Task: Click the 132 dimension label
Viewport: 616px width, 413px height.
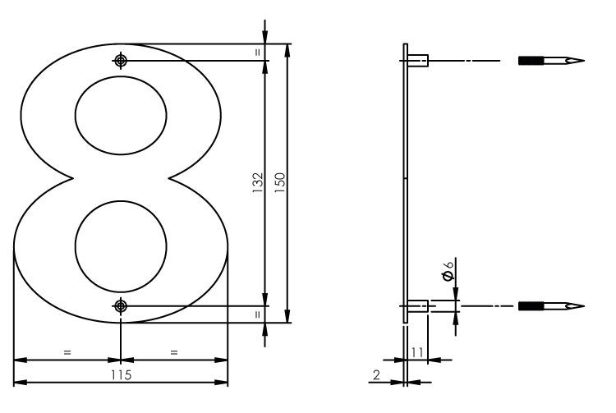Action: (257, 182)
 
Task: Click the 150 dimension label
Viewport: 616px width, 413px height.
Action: (279, 182)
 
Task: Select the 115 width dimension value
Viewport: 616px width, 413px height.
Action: (121, 374)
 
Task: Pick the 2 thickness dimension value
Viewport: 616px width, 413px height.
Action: (375, 374)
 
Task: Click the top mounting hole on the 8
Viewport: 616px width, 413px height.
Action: (121, 61)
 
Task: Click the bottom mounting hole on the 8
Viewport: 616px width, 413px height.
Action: (121, 306)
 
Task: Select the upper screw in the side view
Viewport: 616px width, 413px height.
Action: (551, 61)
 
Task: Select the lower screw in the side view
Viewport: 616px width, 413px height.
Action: (551, 306)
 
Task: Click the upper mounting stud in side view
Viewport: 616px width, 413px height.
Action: (418, 60)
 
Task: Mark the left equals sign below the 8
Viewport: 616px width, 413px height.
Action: (67, 352)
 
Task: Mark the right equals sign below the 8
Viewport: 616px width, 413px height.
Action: (174, 352)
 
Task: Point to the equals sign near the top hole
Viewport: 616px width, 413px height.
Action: (257, 52)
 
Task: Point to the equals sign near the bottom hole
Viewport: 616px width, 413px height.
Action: (257, 314)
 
